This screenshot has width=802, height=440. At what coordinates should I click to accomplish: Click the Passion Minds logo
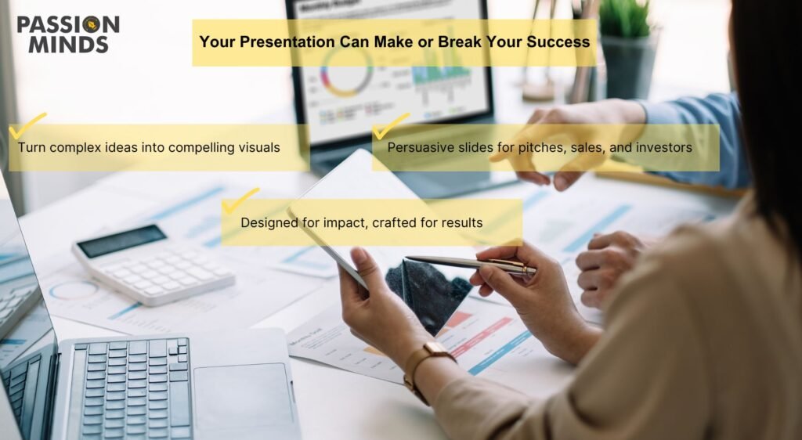pos(68,34)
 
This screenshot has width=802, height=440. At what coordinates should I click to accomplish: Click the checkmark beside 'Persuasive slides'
pos(392,126)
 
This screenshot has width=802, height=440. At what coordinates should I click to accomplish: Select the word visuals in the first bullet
pos(259,148)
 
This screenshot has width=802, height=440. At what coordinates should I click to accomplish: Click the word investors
pos(664,148)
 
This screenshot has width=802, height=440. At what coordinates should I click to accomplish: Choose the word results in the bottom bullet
pos(462,223)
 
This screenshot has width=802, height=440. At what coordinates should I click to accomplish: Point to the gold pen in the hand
pos(471,265)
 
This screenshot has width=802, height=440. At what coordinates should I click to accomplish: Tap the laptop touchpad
pos(244,397)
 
